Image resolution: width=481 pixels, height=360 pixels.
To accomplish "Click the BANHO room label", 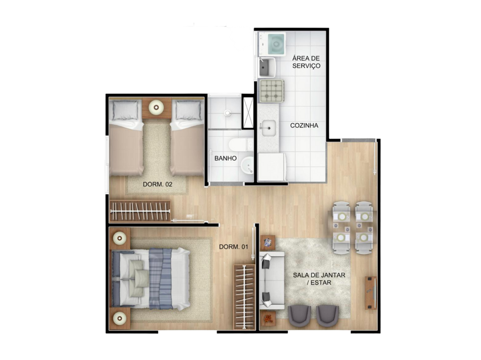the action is (225, 158).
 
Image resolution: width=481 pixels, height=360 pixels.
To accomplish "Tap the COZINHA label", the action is (304, 125).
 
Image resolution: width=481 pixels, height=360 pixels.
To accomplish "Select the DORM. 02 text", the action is (158, 184).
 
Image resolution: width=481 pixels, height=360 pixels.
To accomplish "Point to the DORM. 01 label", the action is (233, 247).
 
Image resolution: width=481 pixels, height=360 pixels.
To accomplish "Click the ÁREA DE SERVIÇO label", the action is (306, 62).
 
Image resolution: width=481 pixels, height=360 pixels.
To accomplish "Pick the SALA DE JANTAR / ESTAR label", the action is (319, 279).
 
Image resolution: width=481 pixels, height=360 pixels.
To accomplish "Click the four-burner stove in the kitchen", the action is (271, 91).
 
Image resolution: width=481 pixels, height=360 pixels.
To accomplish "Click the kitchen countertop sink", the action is (269, 128).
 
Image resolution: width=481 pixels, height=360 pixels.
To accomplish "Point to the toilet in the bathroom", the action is (240, 144).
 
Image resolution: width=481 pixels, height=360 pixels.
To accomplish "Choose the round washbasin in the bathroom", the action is (247, 168).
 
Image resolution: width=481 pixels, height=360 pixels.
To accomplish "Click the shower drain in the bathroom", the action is (227, 113).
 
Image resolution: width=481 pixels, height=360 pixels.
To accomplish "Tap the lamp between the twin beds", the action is (156, 107).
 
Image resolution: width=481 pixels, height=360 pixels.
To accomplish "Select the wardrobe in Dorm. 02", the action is (139, 211).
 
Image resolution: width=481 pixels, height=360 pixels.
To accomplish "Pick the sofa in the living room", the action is (272, 281).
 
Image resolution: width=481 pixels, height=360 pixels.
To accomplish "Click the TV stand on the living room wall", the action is (370, 293).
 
